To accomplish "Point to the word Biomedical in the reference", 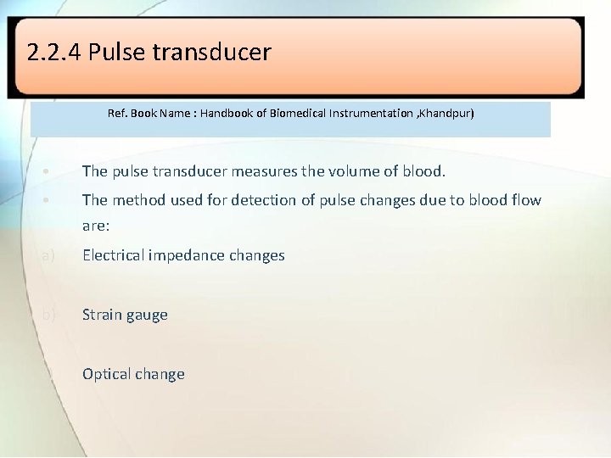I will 299,113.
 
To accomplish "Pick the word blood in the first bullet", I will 425,171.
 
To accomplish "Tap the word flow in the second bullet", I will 524,200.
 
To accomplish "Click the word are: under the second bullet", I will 96,226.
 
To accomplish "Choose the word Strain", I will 102,315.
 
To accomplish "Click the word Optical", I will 107,374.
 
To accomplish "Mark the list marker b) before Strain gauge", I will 48,315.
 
